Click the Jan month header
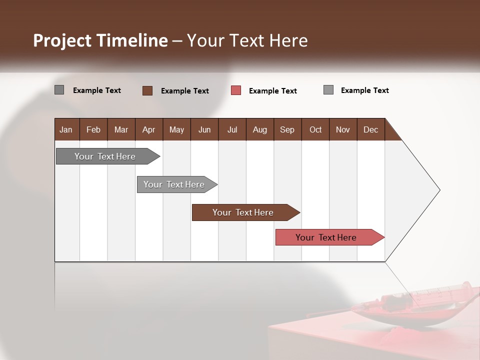coord(66,129)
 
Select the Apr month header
coord(148,129)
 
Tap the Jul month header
coord(232,129)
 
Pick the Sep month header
coord(287,129)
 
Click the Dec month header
coord(370,129)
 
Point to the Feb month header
coord(93,129)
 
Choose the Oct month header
coord(315,129)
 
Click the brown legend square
coord(147,90)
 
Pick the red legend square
coord(236,90)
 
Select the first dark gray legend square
coord(59,90)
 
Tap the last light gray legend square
coord(328,90)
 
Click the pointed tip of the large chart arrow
coord(439,190)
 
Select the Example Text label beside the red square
coord(272,91)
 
